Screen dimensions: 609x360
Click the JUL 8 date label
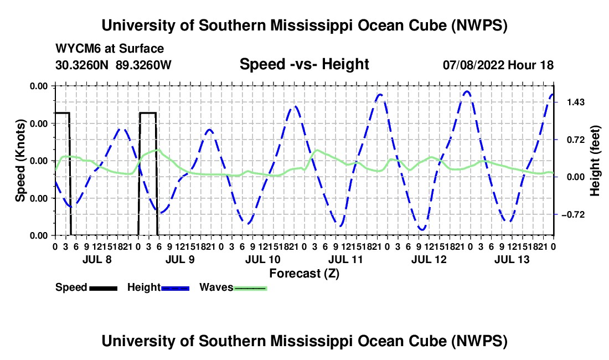(x=97, y=259)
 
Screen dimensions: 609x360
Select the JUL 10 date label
(x=262, y=259)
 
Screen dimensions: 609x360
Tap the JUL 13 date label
(x=512, y=259)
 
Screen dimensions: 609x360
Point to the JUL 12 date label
(x=429, y=259)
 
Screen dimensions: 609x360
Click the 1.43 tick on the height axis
(x=576, y=102)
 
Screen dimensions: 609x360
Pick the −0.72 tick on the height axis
(x=573, y=215)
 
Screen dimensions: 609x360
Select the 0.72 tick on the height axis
(x=576, y=140)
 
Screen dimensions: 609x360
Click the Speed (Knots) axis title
(x=20, y=161)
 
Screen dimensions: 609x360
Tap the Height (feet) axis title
(x=595, y=161)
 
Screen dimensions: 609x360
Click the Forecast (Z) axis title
(x=304, y=274)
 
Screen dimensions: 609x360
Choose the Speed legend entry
(x=86, y=287)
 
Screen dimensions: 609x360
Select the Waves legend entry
(x=233, y=287)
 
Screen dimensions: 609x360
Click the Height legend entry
(x=158, y=287)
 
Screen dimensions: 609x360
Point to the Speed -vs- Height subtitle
(x=304, y=64)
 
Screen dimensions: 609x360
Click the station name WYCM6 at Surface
(x=110, y=49)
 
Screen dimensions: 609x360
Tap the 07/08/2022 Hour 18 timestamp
(x=498, y=65)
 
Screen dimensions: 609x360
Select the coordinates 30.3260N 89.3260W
(x=113, y=65)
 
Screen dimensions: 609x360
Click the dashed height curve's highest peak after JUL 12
(x=467, y=91)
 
